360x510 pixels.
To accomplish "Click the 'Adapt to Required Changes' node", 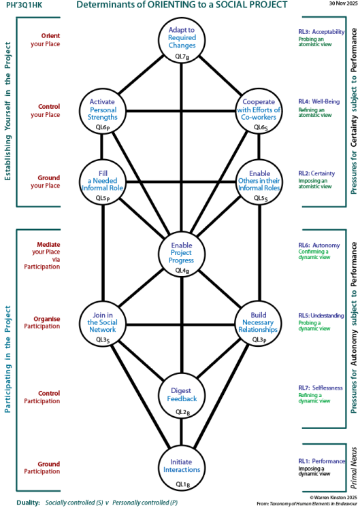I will pyautogui.click(x=182, y=40).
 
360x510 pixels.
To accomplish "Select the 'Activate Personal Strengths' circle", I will pyautogui.click(x=103, y=109).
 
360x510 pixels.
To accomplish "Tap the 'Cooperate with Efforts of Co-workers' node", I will pyautogui.click(x=258, y=109).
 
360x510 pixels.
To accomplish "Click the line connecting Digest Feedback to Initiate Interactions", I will pyautogui.click(x=182, y=429).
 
